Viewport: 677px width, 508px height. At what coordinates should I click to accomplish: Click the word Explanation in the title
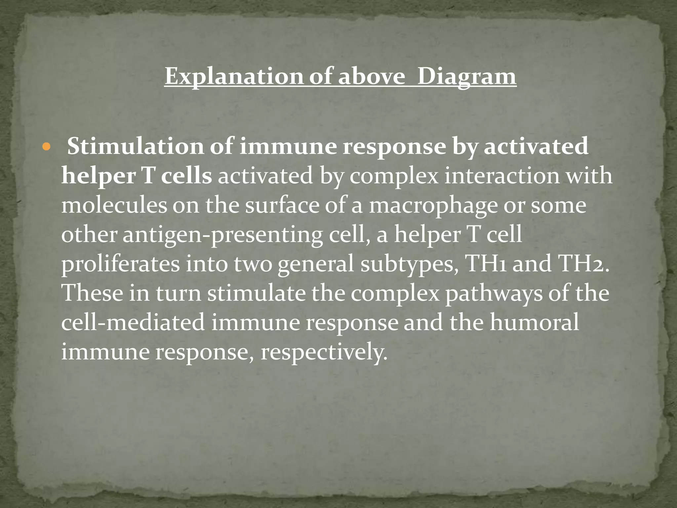point(233,77)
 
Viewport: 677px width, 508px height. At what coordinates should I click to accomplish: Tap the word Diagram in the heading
point(466,77)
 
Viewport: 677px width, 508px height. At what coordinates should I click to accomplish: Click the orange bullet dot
point(46,147)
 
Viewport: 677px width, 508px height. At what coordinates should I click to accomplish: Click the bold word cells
point(186,176)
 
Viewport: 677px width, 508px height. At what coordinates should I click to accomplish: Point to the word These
point(93,293)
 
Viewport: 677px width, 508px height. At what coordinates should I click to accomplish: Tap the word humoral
point(534,322)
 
